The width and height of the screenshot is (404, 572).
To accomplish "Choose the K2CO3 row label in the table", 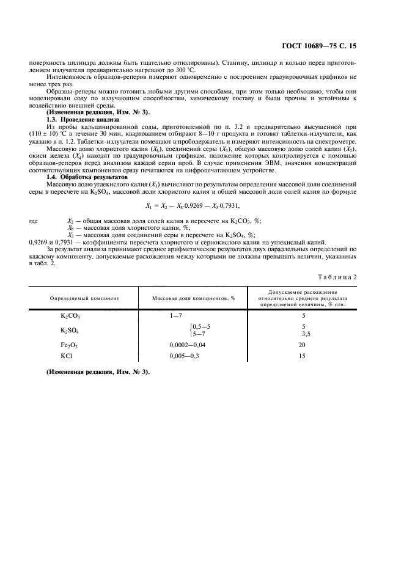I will [x=70, y=317].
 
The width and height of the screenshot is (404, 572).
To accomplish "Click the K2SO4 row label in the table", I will [x=70, y=331].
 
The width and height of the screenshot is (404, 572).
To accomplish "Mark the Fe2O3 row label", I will [x=70, y=345].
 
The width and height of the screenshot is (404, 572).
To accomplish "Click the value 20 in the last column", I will [x=303, y=345].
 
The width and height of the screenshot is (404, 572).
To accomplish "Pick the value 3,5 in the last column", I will [x=306, y=335].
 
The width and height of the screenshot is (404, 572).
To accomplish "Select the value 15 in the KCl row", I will [x=303, y=355].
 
